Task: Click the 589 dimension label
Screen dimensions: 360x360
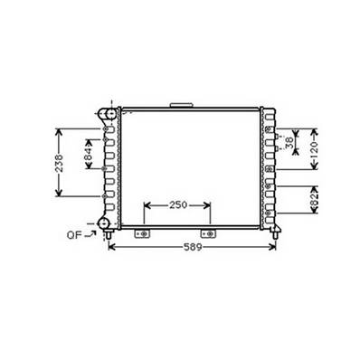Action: click(x=193, y=247)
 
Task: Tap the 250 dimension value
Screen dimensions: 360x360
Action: click(x=178, y=205)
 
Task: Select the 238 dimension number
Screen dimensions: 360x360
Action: click(x=59, y=163)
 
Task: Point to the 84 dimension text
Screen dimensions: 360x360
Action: click(x=88, y=154)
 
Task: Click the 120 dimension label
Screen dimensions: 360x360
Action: click(x=314, y=149)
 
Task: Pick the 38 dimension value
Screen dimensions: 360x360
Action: click(x=289, y=143)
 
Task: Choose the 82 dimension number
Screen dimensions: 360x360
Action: click(x=314, y=200)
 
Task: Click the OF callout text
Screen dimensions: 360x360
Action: click(x=74, y=235)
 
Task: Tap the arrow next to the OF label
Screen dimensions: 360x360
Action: click(x=90, y=233)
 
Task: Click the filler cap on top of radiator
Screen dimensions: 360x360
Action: click(x=181, y=105)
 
